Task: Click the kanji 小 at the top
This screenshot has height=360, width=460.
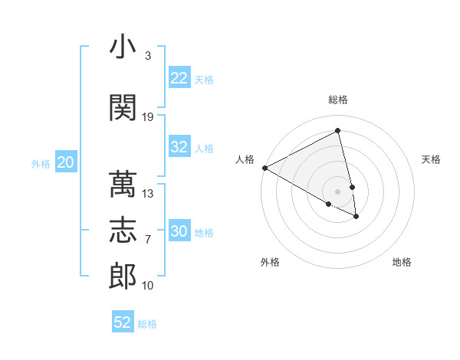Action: click(122, 48)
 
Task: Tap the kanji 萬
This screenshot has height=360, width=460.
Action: click(122, 185)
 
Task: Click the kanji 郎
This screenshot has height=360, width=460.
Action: click(122, 276)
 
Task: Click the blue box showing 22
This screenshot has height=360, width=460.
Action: click(179, 78)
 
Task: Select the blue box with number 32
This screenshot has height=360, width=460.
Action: click(179, 147)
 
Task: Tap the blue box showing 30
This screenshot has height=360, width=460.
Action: click(179, 231)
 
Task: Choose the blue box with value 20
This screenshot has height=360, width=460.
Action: click(66, 162)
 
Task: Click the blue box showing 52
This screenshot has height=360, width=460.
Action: click(123, 322)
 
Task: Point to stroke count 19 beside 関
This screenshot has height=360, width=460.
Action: click(148, 117)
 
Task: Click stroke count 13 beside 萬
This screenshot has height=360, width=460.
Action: click(148, 194)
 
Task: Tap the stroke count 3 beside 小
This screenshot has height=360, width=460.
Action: click(147, 56)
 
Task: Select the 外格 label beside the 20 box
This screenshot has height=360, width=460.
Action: click(41, 163)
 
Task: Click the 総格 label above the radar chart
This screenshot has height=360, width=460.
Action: click(338, 100)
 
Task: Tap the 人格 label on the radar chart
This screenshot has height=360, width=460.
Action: click(245, 159)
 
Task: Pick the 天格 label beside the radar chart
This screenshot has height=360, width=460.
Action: click(432, 159)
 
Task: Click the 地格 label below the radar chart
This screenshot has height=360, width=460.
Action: click(402, 262)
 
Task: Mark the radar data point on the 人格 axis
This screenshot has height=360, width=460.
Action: click(264, 168)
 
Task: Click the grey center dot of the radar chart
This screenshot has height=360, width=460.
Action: click(338, 191)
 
